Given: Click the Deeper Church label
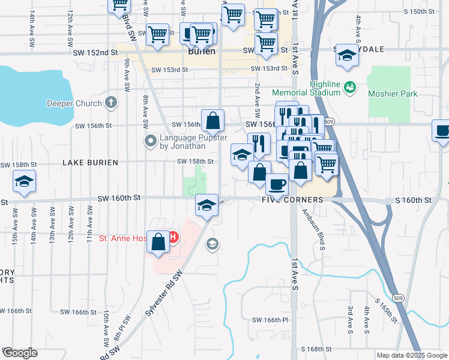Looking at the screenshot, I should point(74,103).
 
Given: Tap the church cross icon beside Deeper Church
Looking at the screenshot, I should point(110,103).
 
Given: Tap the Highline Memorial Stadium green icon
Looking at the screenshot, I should point(349,88).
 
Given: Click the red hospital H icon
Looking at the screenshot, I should point(173,238).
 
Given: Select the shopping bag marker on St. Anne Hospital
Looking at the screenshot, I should point(157,242).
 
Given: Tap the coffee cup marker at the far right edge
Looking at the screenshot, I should point(442,130).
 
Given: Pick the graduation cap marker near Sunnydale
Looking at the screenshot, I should point(346,55).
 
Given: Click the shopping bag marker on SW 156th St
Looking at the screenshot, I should point(212,120).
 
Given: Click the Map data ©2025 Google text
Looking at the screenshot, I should point(411,355).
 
